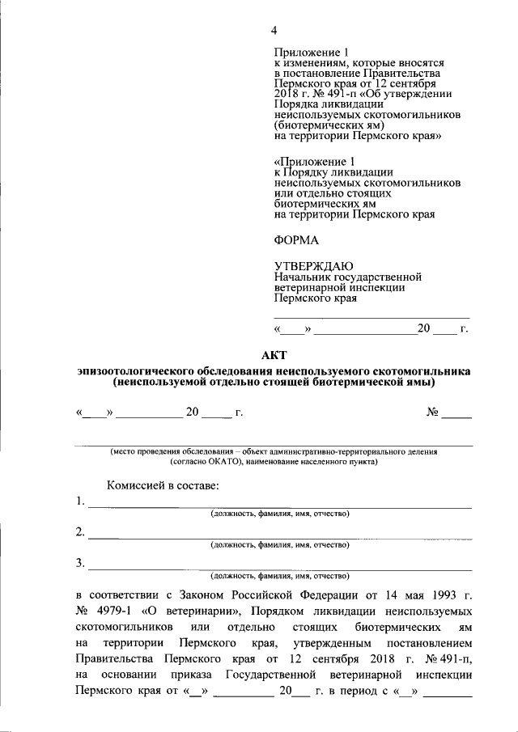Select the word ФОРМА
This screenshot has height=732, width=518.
coord(297,240)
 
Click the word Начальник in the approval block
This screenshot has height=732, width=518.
coord(301,277)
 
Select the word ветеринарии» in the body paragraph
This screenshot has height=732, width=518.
coord(206,610)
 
